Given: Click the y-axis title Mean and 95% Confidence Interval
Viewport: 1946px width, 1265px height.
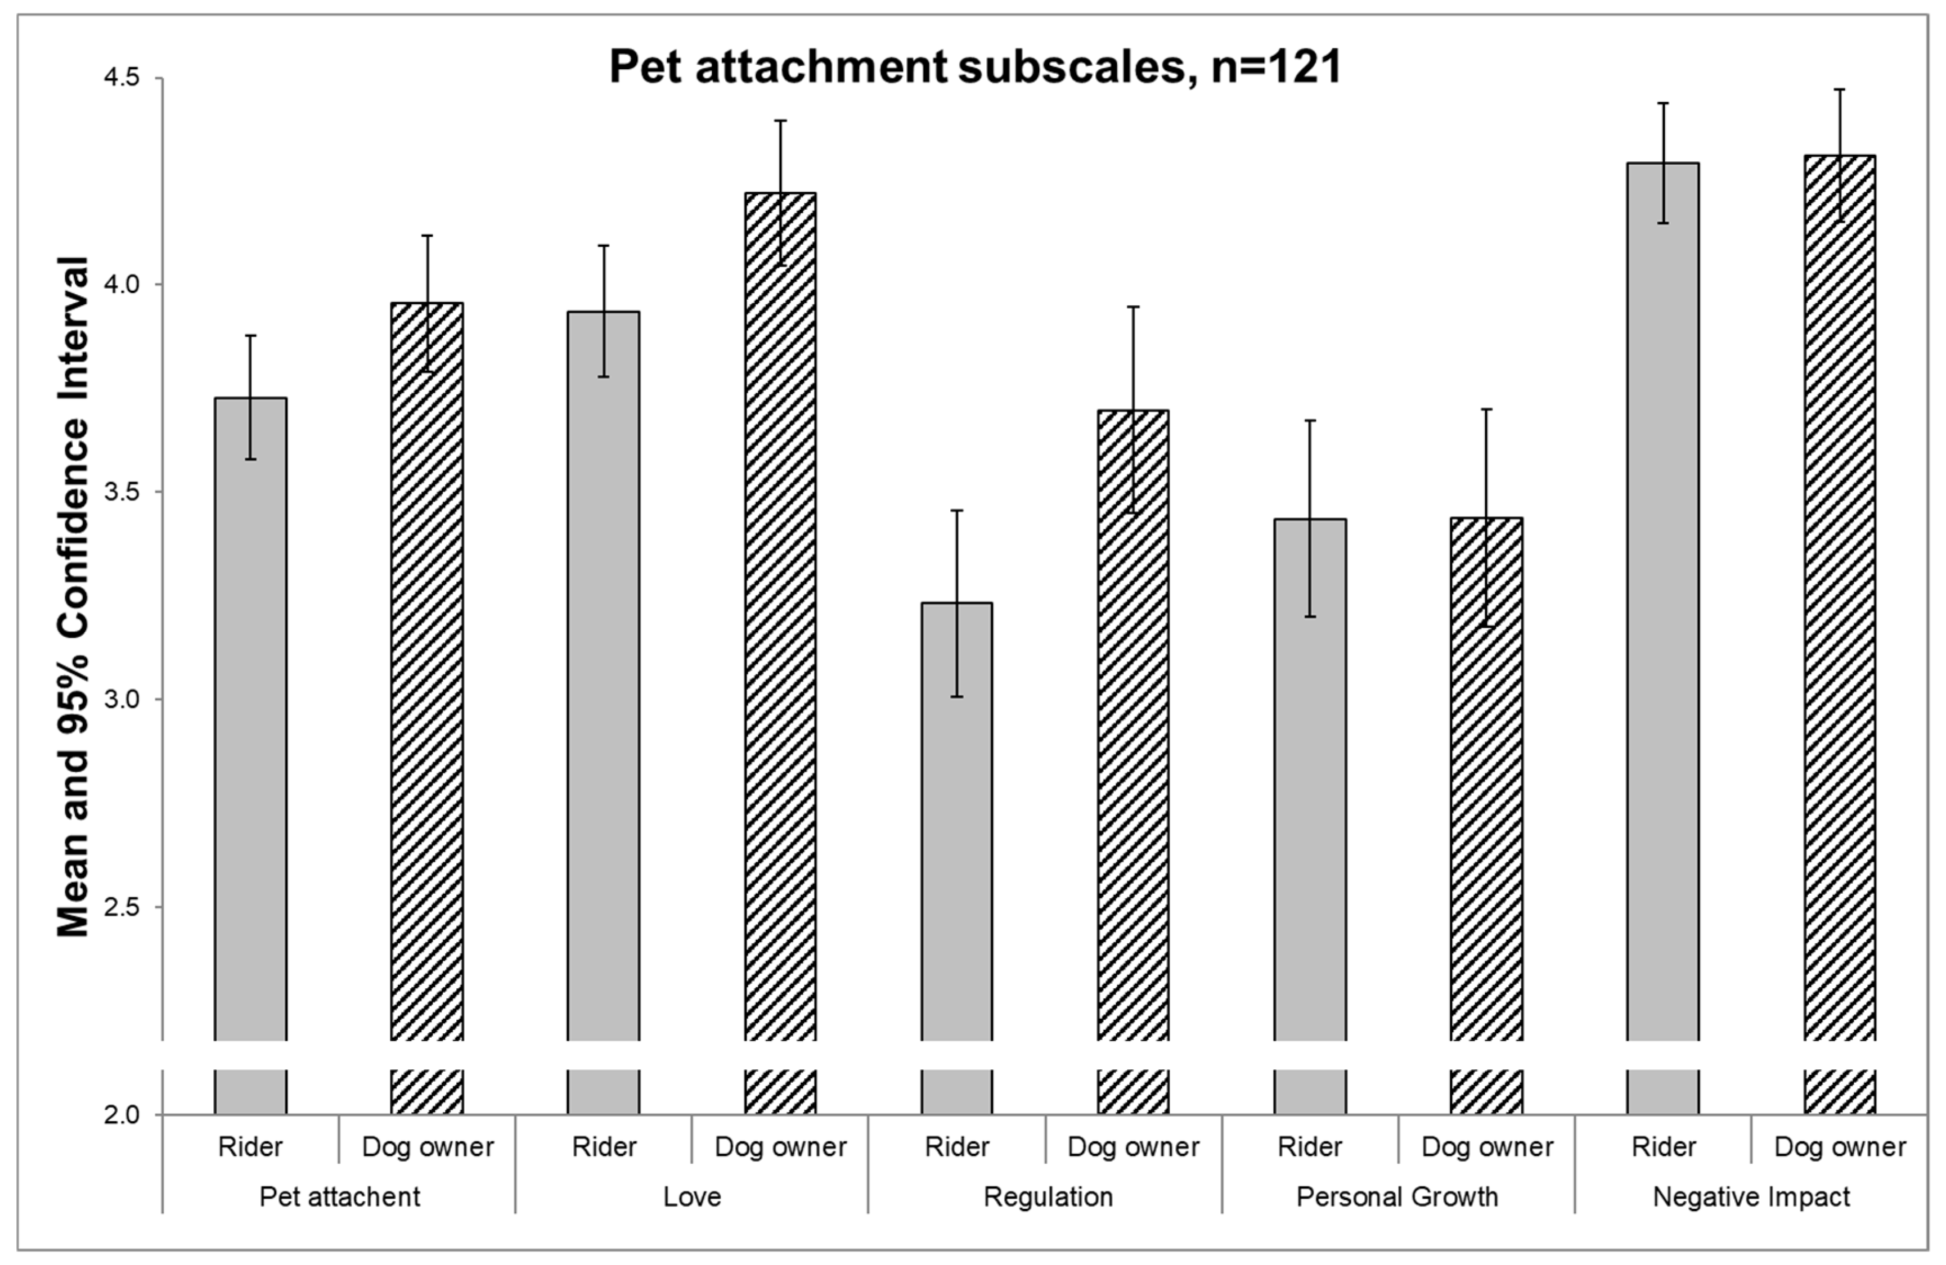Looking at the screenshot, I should (74, 597).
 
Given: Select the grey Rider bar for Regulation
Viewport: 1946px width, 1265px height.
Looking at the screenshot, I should (956, 818).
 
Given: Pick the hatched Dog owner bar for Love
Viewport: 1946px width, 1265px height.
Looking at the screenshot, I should (780, 613).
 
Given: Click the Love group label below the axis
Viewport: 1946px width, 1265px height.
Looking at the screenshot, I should (692, 1196).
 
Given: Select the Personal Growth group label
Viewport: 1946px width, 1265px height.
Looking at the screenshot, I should (1397, 1196).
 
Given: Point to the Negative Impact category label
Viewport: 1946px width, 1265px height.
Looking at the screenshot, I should (1751, 1196).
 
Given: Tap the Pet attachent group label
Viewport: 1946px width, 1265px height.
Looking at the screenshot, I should (339, 1196).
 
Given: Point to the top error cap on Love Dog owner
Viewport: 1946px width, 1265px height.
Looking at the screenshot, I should (780, 121).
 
